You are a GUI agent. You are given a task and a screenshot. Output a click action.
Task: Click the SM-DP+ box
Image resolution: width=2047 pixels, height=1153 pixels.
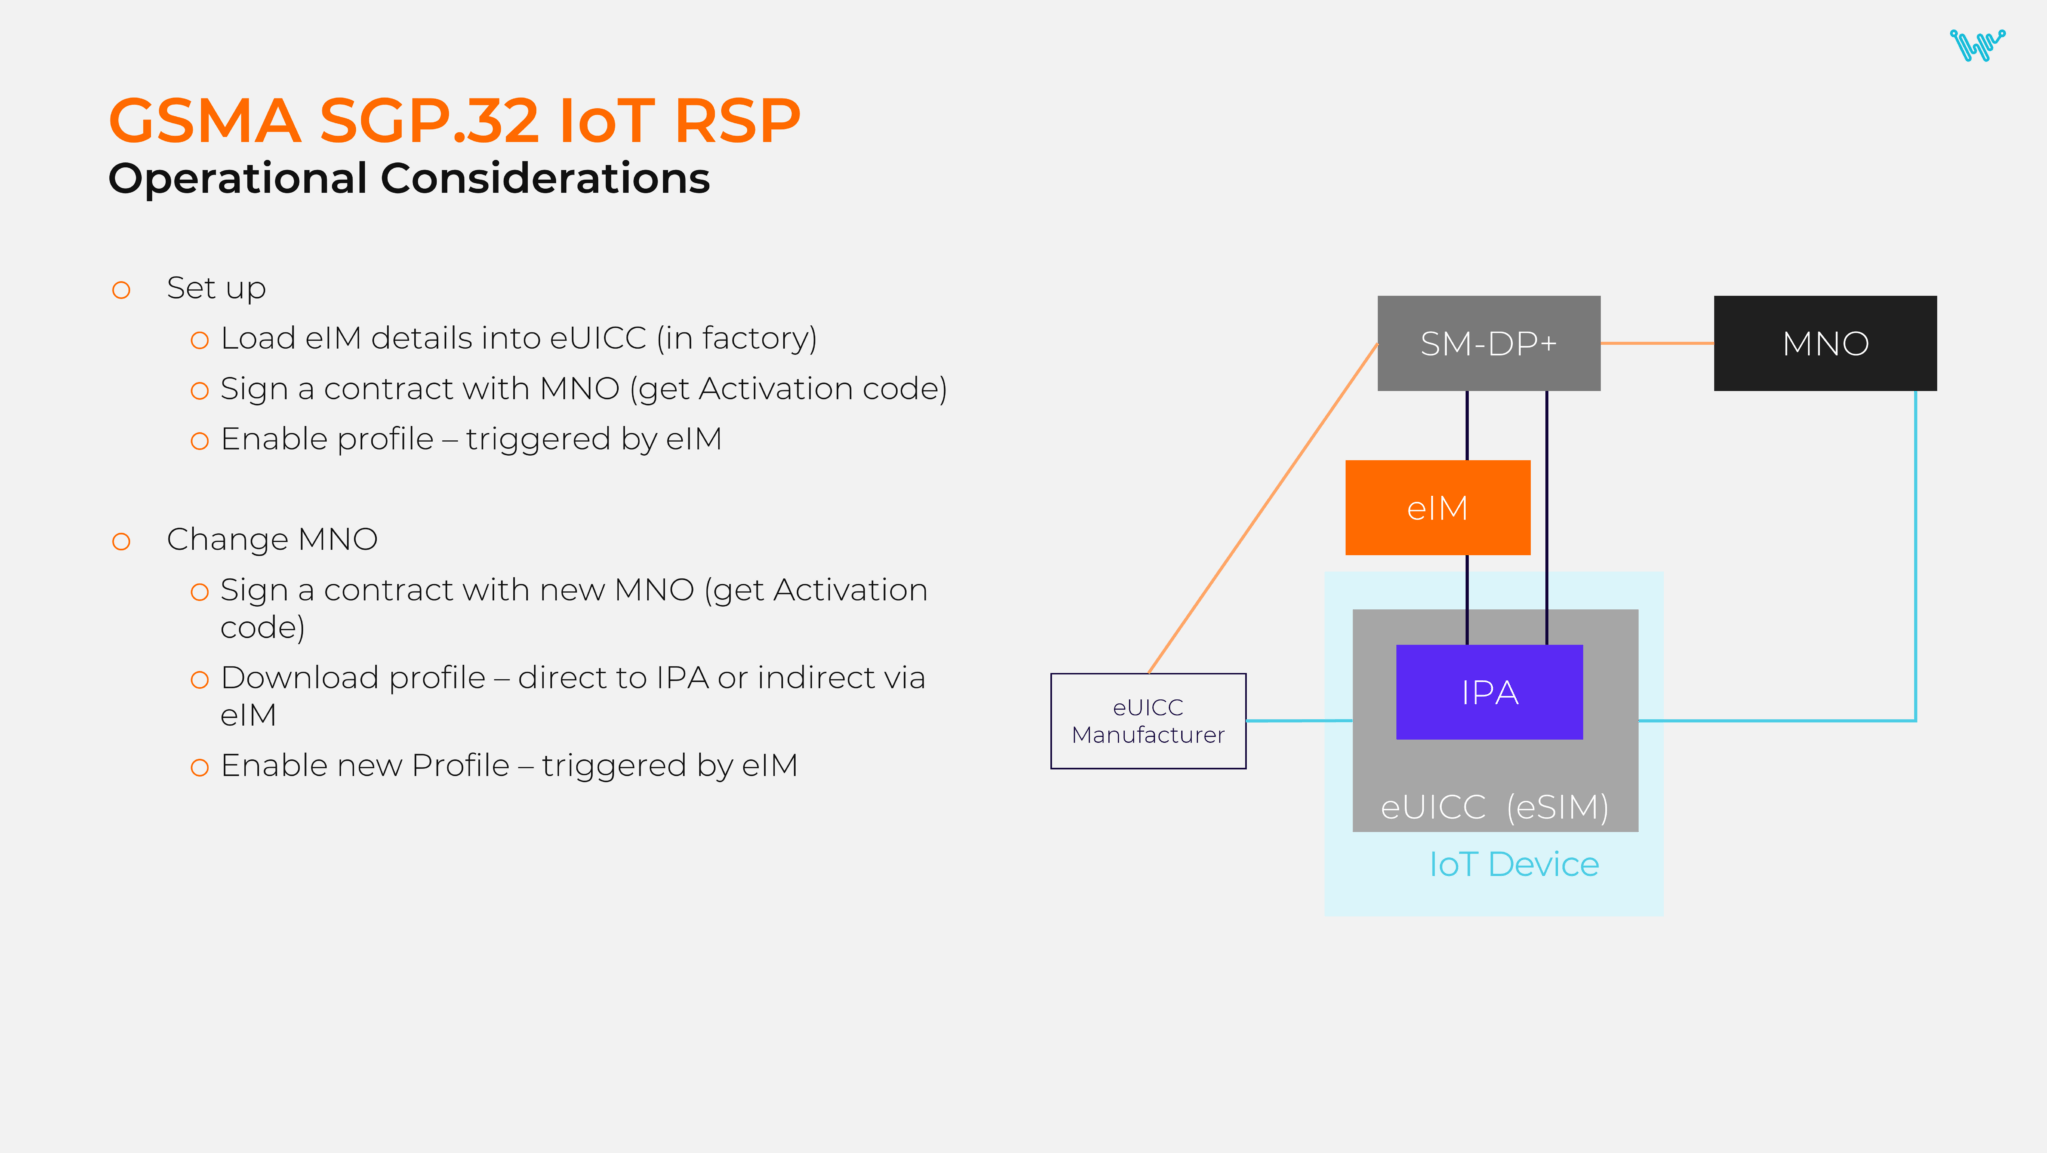tap(1488, 343)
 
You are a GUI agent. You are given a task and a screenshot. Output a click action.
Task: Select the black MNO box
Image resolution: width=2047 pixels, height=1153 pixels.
tap(1824, 343)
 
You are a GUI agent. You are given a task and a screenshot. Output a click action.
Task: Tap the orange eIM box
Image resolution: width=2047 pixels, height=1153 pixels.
tap(1437, 508)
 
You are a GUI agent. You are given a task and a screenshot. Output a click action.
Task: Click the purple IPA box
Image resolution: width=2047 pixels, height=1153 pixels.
tap(1489, 692)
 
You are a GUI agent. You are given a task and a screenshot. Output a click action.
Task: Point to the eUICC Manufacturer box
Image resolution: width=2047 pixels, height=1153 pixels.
tap(1148, 721)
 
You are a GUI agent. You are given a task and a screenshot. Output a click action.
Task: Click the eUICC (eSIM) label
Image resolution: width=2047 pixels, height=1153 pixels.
tap(1494, 806)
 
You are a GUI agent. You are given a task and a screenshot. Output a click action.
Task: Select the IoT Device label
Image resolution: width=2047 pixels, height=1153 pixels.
tap(1513, 864)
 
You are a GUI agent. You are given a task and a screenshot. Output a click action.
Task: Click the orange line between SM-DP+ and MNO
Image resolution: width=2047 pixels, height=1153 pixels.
tap(1657, 343)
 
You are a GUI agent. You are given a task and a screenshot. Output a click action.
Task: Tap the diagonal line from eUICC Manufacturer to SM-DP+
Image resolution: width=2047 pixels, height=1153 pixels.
tap(1263, 508)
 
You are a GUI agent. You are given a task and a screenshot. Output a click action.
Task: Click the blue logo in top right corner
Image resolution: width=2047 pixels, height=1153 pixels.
tap(1976, 45)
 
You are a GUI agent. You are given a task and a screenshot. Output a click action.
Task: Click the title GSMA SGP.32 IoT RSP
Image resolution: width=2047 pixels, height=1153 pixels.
tap(454, 121)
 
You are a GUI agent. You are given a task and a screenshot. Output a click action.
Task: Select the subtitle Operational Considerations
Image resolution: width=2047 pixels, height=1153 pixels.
tap(409, 179)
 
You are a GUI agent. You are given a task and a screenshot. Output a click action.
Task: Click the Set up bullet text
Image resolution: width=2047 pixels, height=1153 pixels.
tap(216, 288)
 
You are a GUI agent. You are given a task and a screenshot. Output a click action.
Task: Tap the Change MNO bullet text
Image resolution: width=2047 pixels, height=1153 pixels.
tap(272, 539)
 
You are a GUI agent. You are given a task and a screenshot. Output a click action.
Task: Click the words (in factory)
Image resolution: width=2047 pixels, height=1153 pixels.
tap(737, 338)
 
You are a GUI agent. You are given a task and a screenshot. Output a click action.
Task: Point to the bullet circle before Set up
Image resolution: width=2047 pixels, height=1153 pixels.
tap(121, 290)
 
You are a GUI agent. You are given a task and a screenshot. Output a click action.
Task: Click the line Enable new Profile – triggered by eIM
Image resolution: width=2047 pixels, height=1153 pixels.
tap(509, 765)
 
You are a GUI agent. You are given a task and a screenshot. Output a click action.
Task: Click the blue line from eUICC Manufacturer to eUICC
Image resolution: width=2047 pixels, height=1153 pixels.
tap(1299, 720)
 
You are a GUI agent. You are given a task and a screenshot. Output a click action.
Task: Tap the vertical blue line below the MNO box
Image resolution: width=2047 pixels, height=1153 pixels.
tap(1915, 550)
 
